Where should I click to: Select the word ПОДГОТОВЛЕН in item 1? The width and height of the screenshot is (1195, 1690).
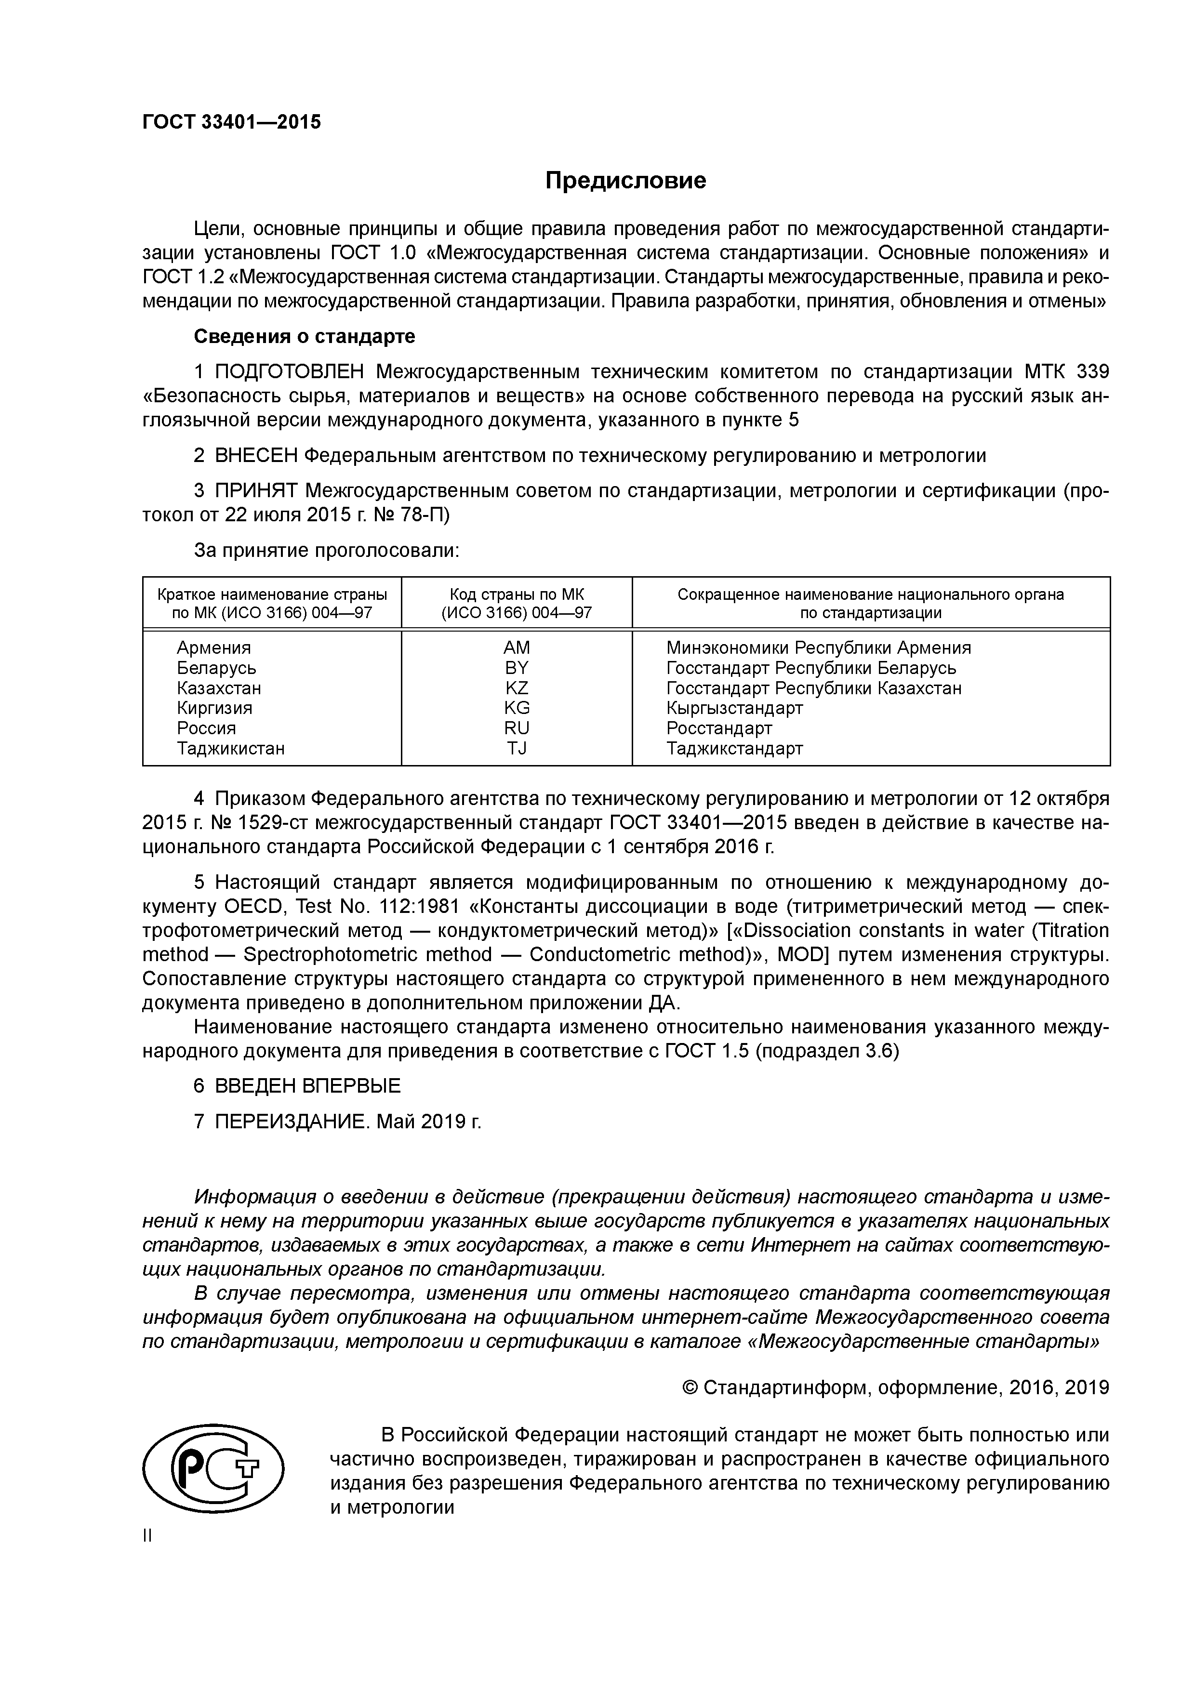[292, 372]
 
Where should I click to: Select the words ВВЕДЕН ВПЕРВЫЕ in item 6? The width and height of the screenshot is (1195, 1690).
[308, 1086]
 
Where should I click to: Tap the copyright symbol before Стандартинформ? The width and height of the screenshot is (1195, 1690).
[690, 1388]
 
